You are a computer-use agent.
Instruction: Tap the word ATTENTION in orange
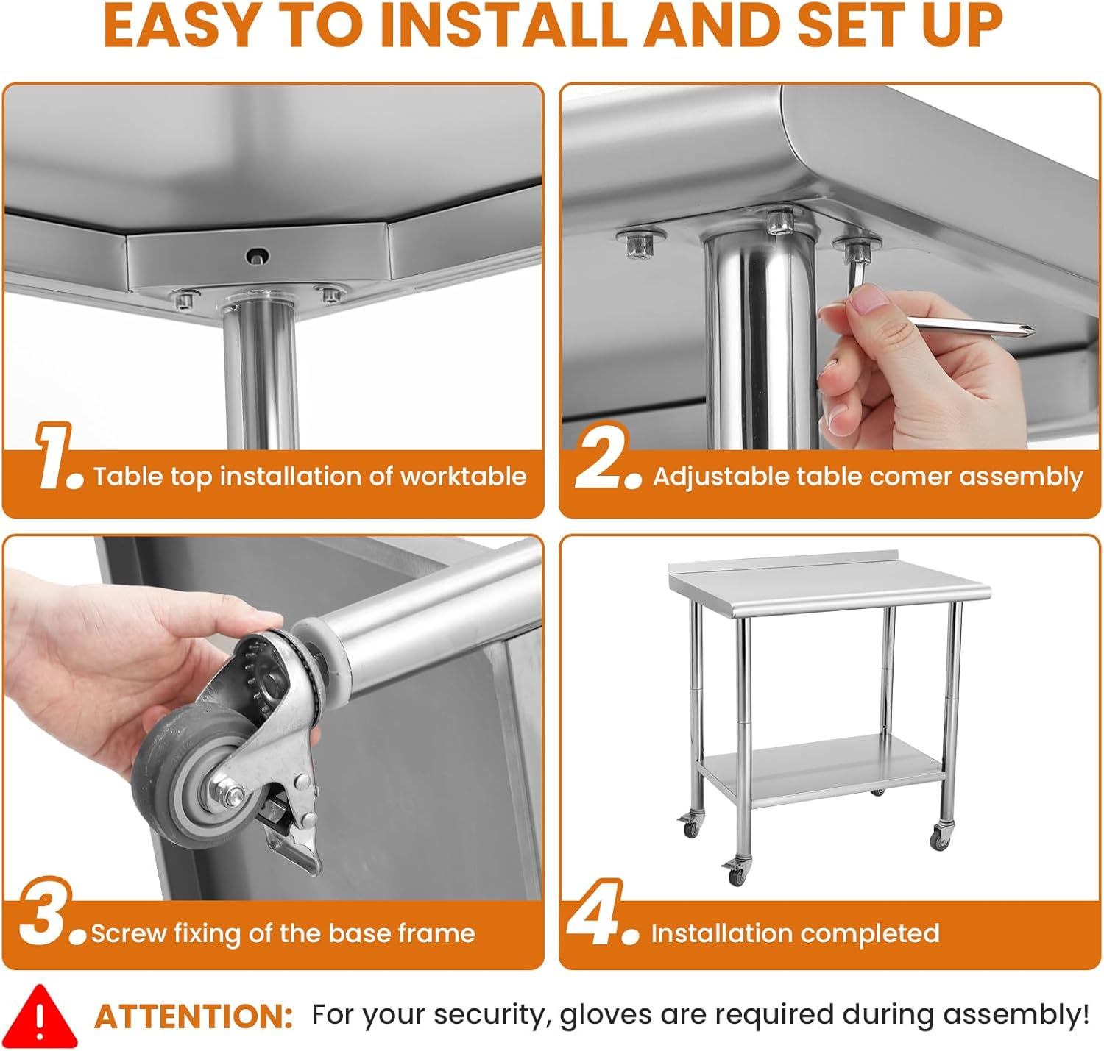(x=194, y=1017)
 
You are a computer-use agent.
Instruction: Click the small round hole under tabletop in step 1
(x=257, y=257)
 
